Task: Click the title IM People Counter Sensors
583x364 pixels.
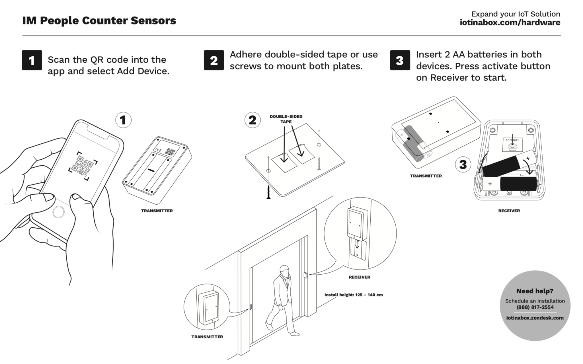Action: (x=99, y=20)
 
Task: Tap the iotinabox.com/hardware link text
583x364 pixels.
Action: (x=510, y=22)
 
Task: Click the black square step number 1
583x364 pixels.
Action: (x=32, y=60)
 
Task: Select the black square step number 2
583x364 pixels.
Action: (x=214, y=60)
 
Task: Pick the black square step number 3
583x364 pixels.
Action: (x=400, y=60)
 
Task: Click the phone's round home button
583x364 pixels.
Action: (x=59, y=212)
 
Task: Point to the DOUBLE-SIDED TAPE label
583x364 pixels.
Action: (x=286, y=119)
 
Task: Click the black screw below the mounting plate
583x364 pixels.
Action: (x=268, y=192)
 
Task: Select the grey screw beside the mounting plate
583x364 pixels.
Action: (x=319, y=163)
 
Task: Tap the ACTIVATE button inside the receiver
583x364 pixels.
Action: (x=512, y=146)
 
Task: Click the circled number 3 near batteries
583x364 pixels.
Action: (x=463, y=164)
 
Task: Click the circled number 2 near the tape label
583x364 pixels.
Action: (x=252, y=120)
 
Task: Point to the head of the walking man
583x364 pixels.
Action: (x=284, y=271)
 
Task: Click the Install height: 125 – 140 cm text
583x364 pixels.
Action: (x=354, y=295)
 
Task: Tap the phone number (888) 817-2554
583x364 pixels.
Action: (x=535, y=307)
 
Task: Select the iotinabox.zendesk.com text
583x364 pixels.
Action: (x=535, y=318)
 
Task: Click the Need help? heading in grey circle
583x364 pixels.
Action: (x=535, y=291)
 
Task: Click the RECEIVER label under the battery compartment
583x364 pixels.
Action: (x=509, y=211)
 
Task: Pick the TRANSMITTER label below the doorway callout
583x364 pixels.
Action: (x=207, y=337)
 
